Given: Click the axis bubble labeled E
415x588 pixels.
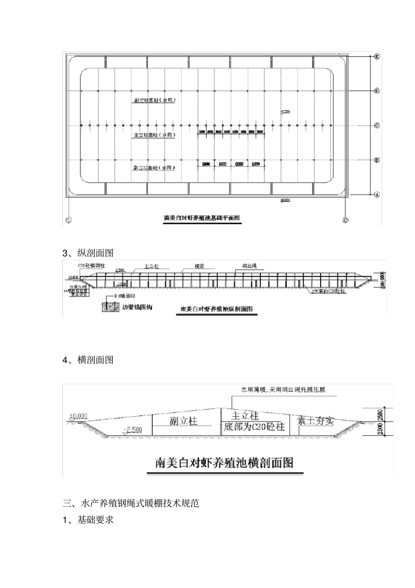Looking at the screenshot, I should point(377,56).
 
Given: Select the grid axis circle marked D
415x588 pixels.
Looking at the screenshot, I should point(377,91).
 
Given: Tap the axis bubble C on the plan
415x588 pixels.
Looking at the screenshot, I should point(377,125).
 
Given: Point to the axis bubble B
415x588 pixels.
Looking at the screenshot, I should point(377,160).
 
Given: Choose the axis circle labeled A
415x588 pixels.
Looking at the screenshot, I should point(377,195).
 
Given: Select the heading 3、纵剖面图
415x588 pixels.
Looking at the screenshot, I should point(88,253).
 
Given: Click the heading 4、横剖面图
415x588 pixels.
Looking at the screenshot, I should point(88,360).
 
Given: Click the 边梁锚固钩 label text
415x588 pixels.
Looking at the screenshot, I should point(138,307).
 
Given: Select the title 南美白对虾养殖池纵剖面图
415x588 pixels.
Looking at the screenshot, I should point(217,309).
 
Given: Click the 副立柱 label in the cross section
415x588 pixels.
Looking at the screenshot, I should point(183,421).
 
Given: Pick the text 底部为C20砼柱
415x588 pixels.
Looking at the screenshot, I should point(254,426).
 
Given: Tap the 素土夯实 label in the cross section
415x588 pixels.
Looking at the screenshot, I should point(315,421).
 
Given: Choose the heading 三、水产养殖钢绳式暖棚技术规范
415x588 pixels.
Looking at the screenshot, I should point(131,503).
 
